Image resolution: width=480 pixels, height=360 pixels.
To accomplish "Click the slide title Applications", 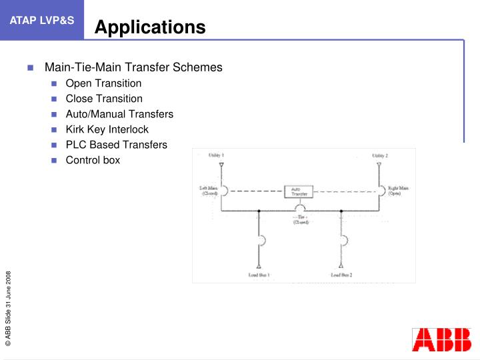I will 149,27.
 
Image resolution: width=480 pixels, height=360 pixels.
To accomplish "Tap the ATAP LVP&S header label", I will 42,20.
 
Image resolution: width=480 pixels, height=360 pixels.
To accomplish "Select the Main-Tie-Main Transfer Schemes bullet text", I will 133,67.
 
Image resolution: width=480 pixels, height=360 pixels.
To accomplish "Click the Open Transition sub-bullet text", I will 103,83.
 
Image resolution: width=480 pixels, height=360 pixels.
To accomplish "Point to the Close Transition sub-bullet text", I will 104,99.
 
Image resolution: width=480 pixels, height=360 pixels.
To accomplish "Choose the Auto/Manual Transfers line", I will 119,114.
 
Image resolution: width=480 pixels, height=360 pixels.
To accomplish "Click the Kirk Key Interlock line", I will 107,129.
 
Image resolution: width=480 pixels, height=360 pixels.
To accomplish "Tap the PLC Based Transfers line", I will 117,145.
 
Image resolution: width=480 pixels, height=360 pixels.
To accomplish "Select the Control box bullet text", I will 93,160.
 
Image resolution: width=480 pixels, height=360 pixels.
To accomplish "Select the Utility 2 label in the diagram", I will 380,155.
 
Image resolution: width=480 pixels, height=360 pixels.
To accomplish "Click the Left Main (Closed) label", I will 209,191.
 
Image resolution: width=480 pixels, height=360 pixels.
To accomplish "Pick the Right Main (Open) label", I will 399,191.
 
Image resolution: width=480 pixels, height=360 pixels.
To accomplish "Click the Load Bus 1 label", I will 259,275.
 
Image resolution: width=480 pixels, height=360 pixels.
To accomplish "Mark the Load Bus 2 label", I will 341,275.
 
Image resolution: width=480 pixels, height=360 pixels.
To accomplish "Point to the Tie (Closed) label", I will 301,220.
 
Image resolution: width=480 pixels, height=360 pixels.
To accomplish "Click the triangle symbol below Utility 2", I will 379,163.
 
